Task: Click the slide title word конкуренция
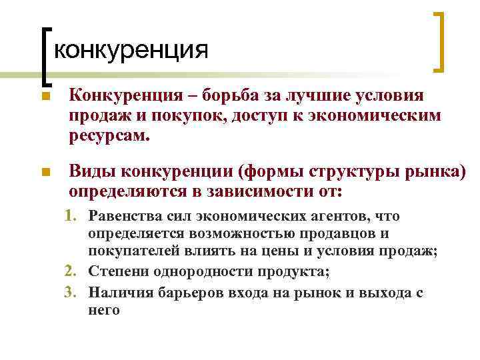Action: pyautogui.click(x=129, y=49)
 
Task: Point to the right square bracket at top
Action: pyautogui.click(x=439, y=41)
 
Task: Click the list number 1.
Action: pyautogui.click(x=71, y=216)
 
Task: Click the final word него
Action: pyautogui.click(x=104, y=310)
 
